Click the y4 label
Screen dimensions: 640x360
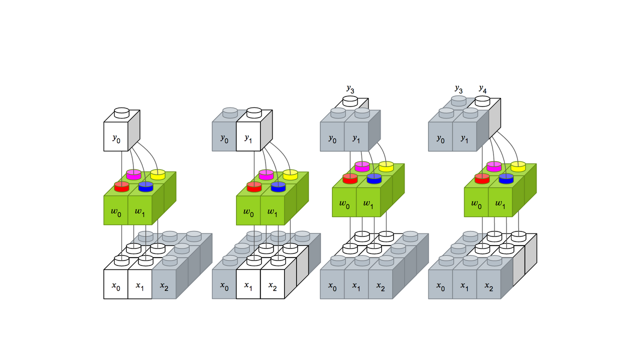click(x=482, y=89)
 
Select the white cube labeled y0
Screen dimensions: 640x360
click(x=116, y=136)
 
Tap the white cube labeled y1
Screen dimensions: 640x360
click(x=248, y=136)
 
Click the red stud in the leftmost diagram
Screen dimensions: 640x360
click(x=121, y=186)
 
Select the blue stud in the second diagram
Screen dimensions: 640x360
click(x=278, y=186)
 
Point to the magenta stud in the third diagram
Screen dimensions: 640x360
click(x=362, y=166)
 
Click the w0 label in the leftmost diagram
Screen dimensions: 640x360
click(x=115, y=212)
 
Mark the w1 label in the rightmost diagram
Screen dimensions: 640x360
click(x=500, y=204)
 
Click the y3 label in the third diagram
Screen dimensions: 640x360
click(x=350, y=89)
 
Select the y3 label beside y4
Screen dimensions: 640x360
click(x=458, y=89)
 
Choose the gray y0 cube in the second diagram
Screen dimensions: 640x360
click(x=224, y=136)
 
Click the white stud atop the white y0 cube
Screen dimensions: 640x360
click(x=121, y=112)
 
